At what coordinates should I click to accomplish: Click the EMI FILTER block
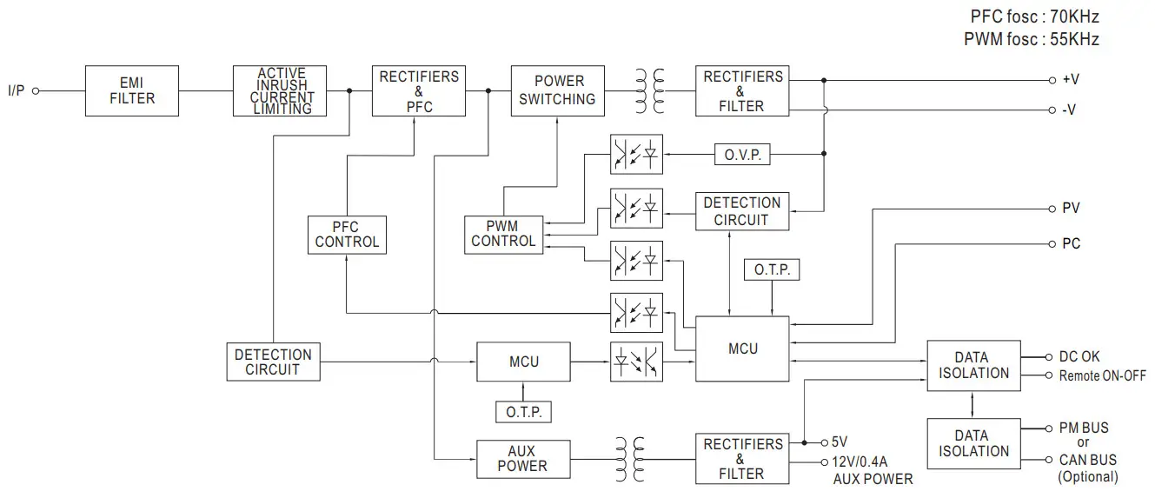[x=132, y=90]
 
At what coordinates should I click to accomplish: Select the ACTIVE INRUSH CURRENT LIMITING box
[x=282, y=90]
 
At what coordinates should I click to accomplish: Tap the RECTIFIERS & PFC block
[x=419, y=90]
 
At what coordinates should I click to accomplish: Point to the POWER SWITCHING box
[x=557, y=90]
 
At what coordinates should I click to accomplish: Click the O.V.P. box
[x=742, y=155]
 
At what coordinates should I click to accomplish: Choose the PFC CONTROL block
[x=347, y=235]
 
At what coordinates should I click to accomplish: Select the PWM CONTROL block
[x=503, y=235]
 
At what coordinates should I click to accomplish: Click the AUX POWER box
[x=522, y=458]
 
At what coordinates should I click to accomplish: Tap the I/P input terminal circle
[x=36, y=90]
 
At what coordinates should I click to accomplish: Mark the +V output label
[x=1071, y=79]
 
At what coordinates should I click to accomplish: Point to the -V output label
[x=1070, y=110]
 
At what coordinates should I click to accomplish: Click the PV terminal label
[x=1071, y=209]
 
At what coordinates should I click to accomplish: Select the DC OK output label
[x=1079, y=357]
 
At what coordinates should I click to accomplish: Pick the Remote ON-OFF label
[x=1102, y=375]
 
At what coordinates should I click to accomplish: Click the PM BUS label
[x=1083, y=428]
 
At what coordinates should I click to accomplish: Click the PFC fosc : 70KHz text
[x=1034, y=17]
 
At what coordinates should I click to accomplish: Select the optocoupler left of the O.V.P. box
[x=636, y=155]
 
